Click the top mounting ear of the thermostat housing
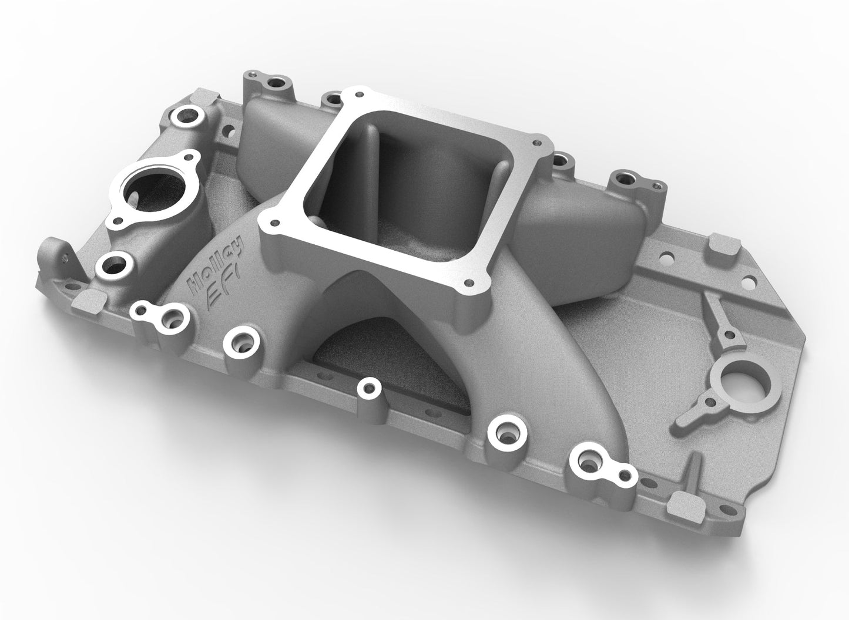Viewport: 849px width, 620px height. [x=189, y=158]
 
